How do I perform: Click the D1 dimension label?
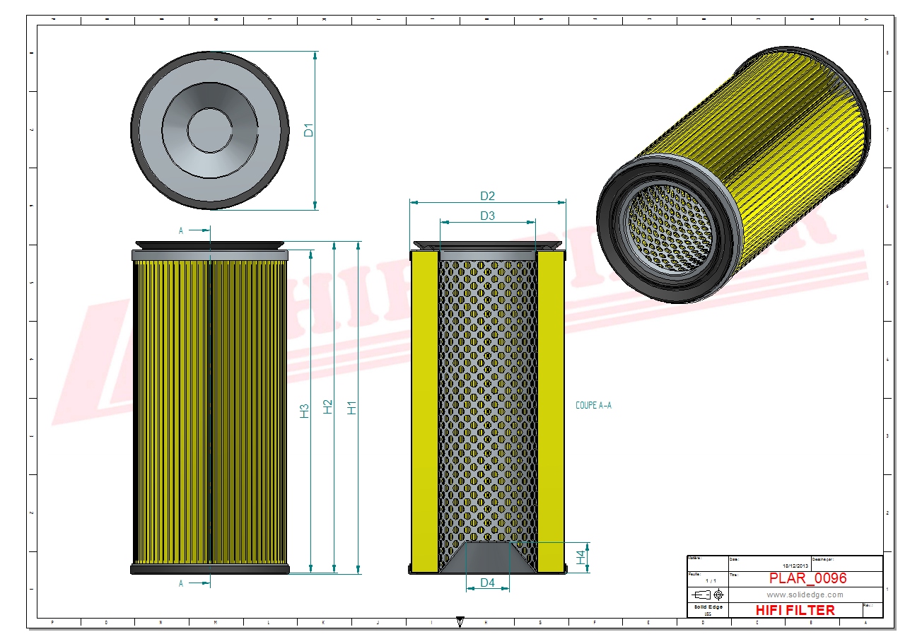(308, 130)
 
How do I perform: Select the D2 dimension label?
(487, 195)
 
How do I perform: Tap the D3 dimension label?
(487, 216)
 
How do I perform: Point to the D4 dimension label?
(487, 583)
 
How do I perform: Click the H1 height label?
(351, 408)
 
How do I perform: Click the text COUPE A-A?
(593, 406)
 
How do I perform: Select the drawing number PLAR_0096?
(807, 578)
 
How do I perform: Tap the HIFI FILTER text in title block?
(795, 610)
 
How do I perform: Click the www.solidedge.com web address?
(805, 595)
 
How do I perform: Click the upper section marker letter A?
(181, 231)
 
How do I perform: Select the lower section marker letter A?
(181, 583)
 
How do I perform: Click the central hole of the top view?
(210, 130)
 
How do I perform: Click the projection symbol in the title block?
(708, 595)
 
